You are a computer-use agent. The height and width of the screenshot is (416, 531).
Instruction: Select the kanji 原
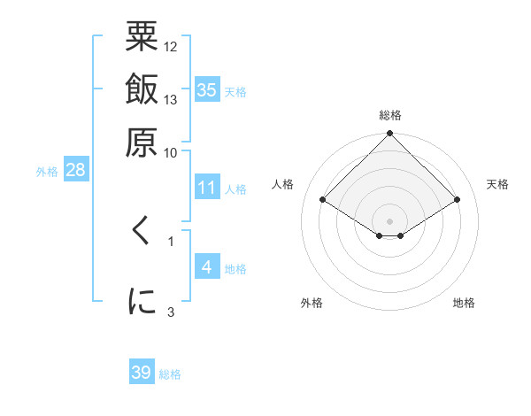click(x=142, y=141)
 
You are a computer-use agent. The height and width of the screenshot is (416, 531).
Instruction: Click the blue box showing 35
click(x=207, y=89)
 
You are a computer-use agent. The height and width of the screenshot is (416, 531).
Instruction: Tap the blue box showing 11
click(x=207, y=189)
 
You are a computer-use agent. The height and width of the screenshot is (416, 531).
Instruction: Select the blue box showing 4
click(x=207, y=267)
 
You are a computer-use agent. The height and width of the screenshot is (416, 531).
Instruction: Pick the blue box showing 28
click(x=75, y=171)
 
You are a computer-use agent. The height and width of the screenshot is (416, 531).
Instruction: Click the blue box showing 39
click(x=142, y=373)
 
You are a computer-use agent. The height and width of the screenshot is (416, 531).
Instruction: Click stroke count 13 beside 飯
click(x=171, y=99)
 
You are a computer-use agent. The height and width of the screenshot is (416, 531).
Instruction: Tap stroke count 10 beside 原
click(x=171, y=151)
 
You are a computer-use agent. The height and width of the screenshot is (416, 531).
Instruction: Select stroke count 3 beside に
click(x=171, y=311)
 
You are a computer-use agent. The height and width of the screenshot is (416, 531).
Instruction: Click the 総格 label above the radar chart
click(x=390, y=115)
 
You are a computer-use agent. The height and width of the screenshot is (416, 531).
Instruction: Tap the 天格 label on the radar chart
click(x=498, y=184)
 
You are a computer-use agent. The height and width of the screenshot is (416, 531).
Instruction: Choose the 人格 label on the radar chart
click(x=283, y=184)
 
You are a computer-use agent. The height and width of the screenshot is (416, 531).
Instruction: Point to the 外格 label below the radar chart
click(x=312, y=304)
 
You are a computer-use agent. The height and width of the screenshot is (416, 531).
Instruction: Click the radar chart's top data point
click(x=390, y=135)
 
